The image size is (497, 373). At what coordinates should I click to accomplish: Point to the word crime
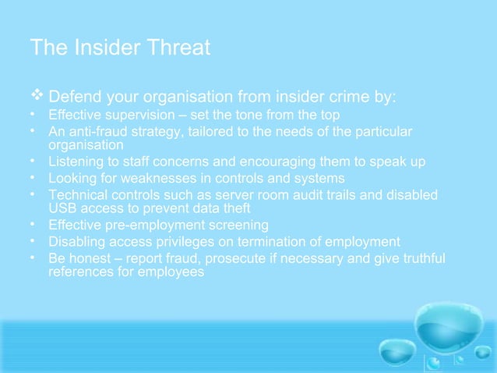tap(358, 98)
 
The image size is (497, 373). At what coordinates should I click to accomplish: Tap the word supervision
tap(132, 115)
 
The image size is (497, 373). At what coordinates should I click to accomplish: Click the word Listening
tap(76, 162)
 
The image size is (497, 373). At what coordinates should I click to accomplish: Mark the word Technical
tap(78, 194)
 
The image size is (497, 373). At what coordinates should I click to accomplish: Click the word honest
tap(87, 258)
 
